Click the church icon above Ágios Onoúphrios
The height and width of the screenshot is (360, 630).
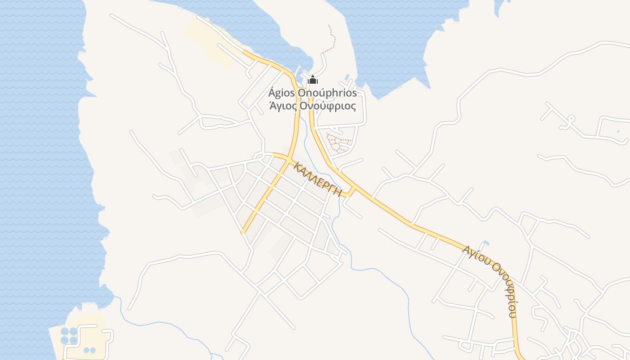coord(313,81)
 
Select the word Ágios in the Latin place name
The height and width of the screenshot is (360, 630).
coord(280,93)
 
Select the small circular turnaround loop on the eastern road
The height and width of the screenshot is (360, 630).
coord(571,119)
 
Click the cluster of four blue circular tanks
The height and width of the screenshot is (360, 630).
coord(69,336)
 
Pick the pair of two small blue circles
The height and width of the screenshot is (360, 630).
coord(90,350)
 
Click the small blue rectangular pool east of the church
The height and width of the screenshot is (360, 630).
coord(347,77)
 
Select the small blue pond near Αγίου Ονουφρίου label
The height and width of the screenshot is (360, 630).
coord(486,243)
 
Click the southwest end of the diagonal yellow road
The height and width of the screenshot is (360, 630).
coord(243,232)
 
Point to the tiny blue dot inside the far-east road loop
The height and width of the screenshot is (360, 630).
coord(618,131)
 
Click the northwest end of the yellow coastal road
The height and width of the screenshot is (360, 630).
coord(244,52)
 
